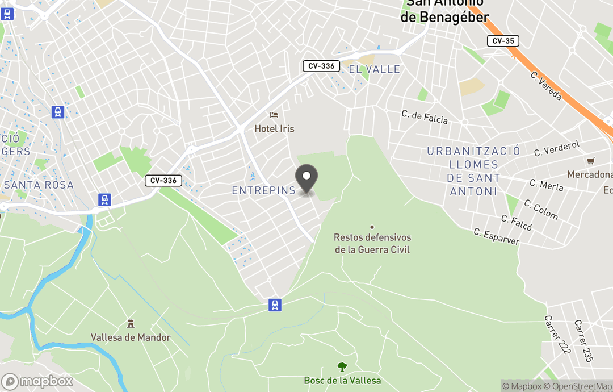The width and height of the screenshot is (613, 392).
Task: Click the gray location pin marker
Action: (x=307, y=178)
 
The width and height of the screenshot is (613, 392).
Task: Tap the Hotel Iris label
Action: (x=274, y=129)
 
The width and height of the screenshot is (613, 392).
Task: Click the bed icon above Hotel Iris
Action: (x=274, y=115)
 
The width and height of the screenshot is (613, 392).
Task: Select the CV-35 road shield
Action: (x=503, y=41)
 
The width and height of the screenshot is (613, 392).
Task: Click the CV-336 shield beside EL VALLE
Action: (x=321, y=66)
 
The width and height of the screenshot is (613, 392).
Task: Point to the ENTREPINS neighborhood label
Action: (x=264, y=191)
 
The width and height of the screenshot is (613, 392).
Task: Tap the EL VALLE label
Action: (x=374, y=69)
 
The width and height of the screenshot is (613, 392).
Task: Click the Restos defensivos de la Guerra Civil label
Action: (x=372, y=244)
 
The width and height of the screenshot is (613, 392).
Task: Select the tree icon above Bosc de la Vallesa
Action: (x=342, y=367)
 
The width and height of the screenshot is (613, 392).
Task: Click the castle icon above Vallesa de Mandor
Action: (x=131, y=324)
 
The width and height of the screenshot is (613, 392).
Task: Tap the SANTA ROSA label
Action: (x=39, y=185)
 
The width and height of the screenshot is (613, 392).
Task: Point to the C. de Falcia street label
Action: (x=425, y=116)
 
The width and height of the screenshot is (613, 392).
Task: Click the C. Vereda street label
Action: (x=546, y=86)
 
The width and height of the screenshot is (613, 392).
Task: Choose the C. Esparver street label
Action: (x=496, y=236)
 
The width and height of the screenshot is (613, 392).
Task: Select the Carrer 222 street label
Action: (x=557, y=335)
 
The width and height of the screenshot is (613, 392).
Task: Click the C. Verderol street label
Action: (x=557, y=149)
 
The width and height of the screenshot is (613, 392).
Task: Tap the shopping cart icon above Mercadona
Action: (x=590, y=161)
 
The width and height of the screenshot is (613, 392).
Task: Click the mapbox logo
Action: (x=37, y=381)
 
